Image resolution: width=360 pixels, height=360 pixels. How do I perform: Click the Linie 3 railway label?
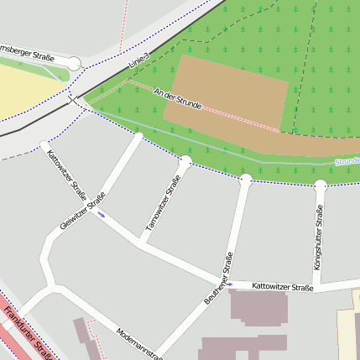coord(138,60)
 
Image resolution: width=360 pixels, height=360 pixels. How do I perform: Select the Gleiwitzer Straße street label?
coord(82,211)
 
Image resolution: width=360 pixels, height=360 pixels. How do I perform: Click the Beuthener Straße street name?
coord(217,278)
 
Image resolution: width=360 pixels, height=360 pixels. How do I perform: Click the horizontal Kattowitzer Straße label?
coord(282,288)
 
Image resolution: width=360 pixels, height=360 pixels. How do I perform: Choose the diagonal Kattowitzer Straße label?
coord(64,172)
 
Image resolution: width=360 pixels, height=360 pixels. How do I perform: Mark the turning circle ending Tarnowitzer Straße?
coord(185,161)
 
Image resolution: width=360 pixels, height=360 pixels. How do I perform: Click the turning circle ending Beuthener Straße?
coord(245,180)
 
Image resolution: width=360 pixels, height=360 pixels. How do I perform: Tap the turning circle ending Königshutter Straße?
coord(320,185)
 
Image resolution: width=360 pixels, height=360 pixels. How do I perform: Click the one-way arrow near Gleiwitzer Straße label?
coord(101,215)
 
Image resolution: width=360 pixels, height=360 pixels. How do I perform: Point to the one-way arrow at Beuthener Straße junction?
coord(229,284)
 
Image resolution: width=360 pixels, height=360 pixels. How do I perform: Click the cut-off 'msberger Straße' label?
coord(26,51)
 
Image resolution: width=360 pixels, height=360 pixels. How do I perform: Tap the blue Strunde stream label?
coord(347,159)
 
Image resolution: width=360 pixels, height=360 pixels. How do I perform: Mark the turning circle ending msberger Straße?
coord(74,64)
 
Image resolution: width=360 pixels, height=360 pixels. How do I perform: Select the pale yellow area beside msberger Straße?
coord(21,88)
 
